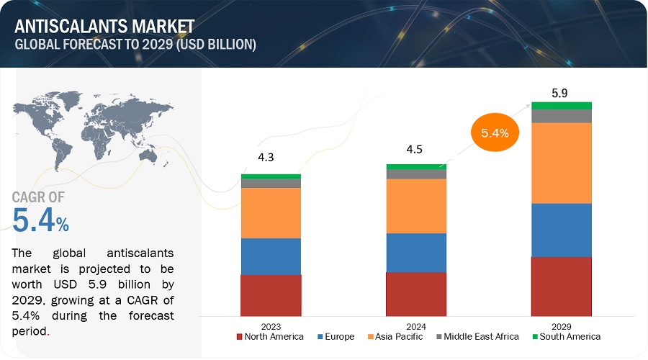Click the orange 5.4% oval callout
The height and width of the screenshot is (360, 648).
[x=495, y=133]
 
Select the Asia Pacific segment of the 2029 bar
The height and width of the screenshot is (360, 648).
[x=561, y=163]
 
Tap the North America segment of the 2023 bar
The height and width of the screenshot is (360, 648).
[x=271, y=295]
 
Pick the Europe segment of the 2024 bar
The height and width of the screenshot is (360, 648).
[x=415, y=252]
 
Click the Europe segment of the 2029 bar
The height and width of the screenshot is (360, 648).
[x=561, y=230]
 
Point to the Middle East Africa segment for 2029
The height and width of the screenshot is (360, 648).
[x=561, y=116]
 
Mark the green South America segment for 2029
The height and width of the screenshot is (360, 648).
[x=561, y=105]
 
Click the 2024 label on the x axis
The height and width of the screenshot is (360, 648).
[x=415, y=324]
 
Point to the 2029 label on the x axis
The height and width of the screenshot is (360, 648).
[x=561, y=324]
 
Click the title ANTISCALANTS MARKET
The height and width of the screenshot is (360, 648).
[x=104, y=27]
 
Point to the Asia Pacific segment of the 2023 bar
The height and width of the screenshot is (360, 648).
[x=271, y=213]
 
